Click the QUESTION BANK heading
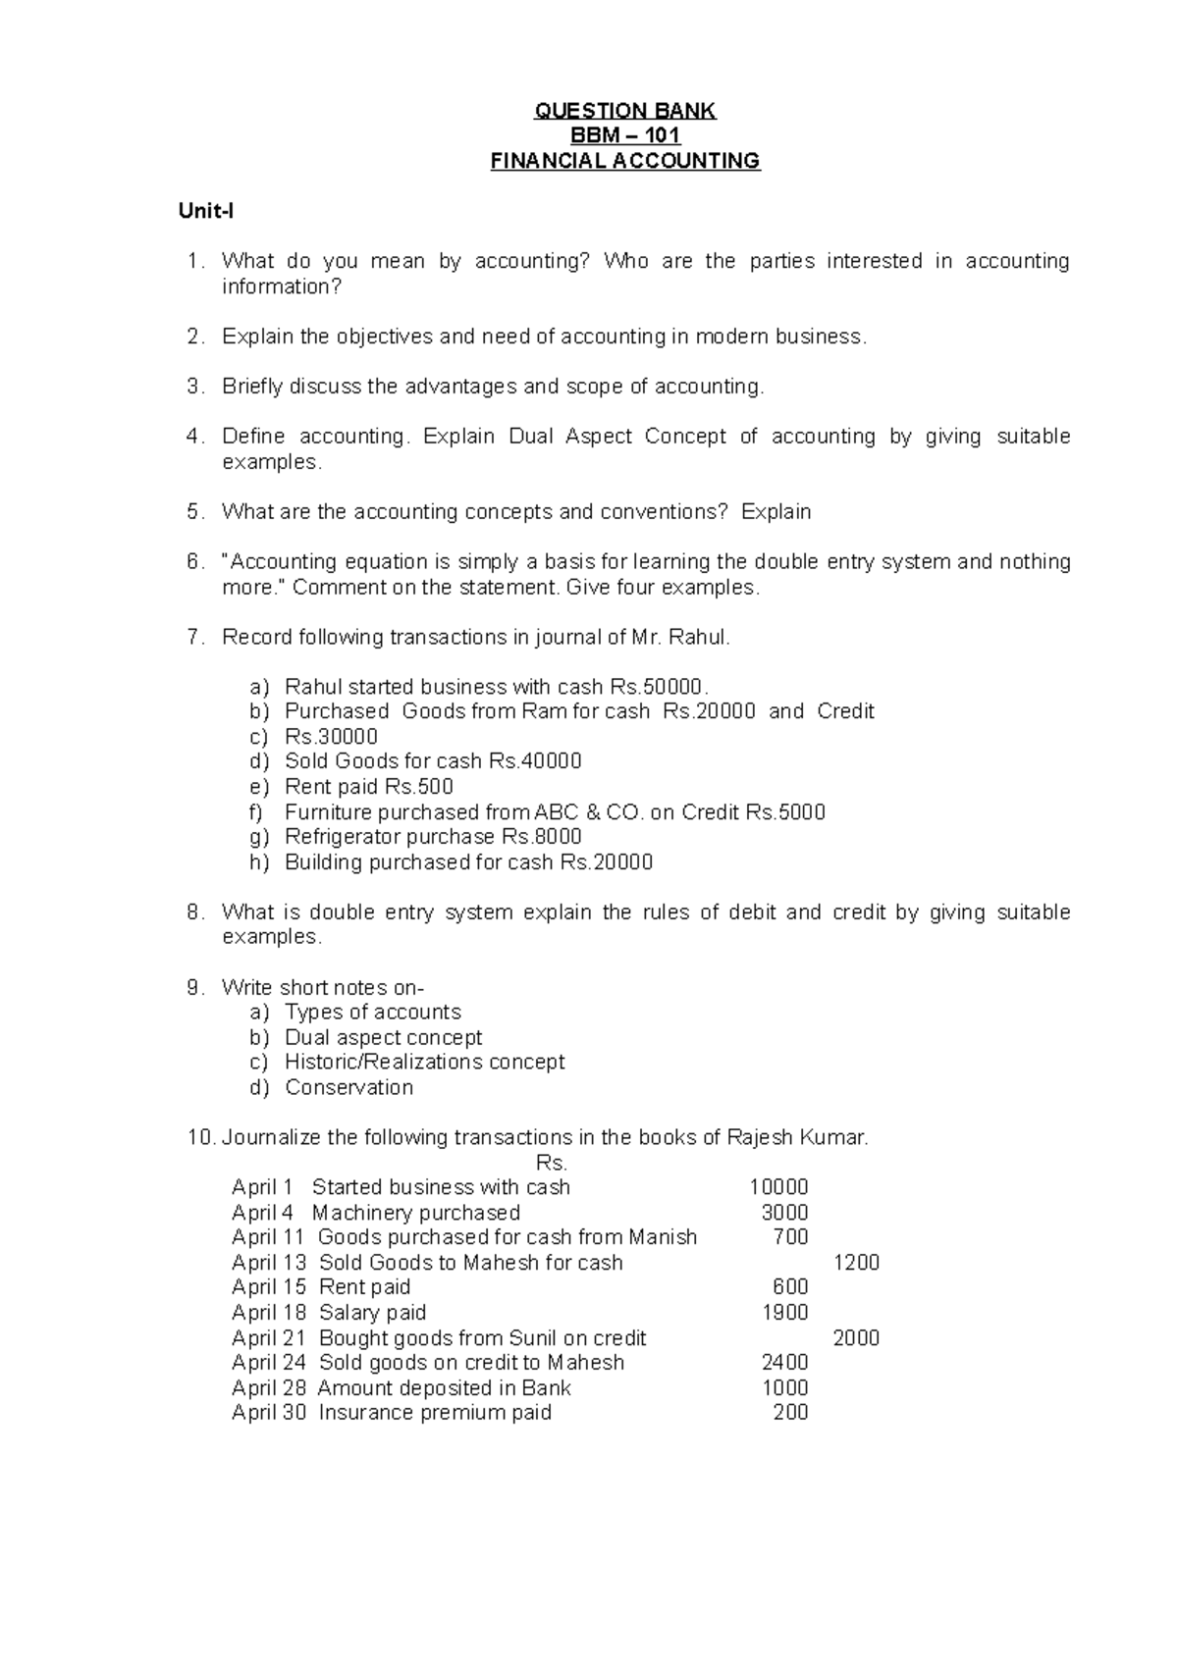(625, 111)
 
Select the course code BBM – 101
(625, 135)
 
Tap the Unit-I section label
(205, 211)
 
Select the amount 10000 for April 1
(778, 1187)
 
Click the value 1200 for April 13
(856, 1263)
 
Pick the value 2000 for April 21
(856, 1338)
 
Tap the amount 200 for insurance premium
(790, 1413)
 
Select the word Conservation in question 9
(348, 1087)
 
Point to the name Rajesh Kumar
(796, 1138)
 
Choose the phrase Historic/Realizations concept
(424, 1062)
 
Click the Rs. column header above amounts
(552, 1164)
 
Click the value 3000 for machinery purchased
(784, 1213)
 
